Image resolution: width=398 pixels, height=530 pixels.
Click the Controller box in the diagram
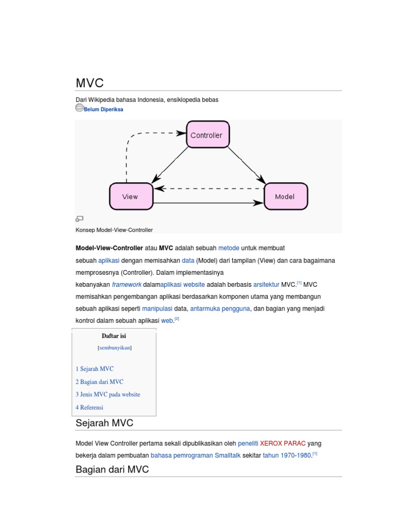(x=207, y=135)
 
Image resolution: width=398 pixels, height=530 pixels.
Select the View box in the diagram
(x=131, y=196)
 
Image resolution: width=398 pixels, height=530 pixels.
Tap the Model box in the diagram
(x=286, y=196)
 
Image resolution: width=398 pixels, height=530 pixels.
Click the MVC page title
(x=90, y=83)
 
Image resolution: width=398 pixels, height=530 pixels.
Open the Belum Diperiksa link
(x=104, y=110)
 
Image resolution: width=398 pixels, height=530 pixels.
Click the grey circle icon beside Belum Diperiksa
(x=79, y=108)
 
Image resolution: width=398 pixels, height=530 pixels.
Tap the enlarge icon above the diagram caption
(x=79, y=219)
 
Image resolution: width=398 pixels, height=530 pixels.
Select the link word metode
(x=229, y=248)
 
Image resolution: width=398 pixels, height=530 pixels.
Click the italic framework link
(x=126, y=285)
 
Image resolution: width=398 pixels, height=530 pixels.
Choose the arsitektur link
(x=266, y=285)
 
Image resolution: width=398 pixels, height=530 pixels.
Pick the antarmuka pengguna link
(x=220, y=308)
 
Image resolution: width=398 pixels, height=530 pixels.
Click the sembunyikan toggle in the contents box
(x=115, y=348)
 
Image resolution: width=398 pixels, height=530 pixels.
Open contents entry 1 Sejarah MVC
(x=94, y=369)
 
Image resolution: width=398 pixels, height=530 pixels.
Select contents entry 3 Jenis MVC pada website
(x=108, y=394)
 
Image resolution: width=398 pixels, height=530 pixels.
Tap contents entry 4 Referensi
(x=89, y=407)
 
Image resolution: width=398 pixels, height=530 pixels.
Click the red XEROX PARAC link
(x=282, y=444)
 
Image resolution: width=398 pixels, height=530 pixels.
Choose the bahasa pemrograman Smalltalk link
(x=195, y=455)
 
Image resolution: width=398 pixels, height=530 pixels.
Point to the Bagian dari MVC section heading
(x=112, y=469)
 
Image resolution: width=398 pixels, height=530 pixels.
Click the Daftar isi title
(x=114, y=336)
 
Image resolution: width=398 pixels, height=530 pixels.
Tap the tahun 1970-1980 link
(x=287, y=455)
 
